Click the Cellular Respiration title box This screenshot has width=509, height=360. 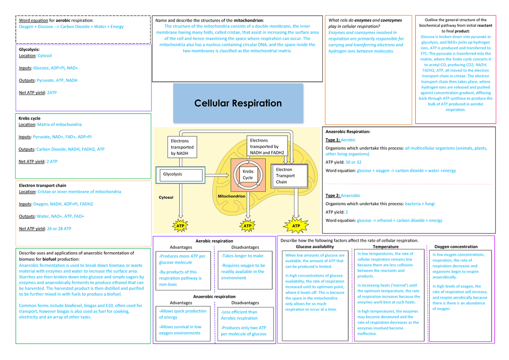coord(238,103)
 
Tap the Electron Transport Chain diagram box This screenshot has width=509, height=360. coord(289,176)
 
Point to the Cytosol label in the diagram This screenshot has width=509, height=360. coord(166,197)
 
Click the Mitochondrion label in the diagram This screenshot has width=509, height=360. coord(231,197)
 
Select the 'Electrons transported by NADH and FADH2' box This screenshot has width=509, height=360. coord(267,147)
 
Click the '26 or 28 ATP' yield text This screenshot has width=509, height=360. coord(59,229)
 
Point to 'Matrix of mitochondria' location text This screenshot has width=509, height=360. coord(59,125)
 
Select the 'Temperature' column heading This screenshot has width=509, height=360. coord(385,246)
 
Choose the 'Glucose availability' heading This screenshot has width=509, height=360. coord(314,246)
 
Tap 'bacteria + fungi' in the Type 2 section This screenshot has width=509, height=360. coord(420,204)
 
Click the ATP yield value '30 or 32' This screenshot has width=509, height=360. coord(353,162)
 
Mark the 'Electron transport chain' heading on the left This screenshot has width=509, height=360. coord(42,185)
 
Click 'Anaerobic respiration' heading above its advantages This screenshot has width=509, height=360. coord(214,296)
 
